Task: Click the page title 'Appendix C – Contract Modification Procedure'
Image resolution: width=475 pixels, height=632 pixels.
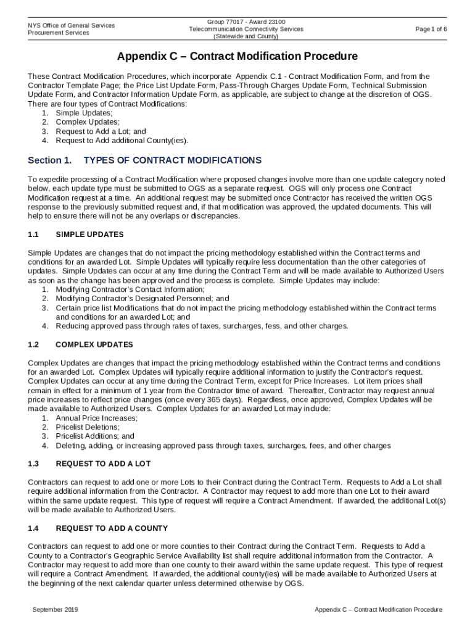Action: point(238,57)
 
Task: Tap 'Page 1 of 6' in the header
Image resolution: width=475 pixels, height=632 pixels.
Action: point(431,29)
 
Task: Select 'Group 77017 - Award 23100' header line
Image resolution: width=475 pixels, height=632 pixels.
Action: point(246,22)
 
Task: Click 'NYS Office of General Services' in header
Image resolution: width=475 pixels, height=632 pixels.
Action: point(71,25)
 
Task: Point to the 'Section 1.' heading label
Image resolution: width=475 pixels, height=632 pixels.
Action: point(49,160)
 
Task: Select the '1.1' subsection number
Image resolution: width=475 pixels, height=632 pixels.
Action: point(33,235)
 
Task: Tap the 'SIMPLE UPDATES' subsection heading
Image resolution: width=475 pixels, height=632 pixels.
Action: point(89,235)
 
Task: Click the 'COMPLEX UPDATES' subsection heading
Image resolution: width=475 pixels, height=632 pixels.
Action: point(94,345)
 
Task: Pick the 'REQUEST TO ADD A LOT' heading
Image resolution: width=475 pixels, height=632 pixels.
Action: point(103,464)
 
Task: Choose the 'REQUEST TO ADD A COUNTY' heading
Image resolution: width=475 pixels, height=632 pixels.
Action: point(111,529)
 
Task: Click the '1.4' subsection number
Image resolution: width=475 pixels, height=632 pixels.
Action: point(33,529)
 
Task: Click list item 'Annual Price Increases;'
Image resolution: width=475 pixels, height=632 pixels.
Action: point(96,418)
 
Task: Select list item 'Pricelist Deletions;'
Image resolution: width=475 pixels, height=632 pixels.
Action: point(88,427)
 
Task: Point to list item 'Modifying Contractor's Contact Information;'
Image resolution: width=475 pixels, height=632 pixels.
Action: point(130,289)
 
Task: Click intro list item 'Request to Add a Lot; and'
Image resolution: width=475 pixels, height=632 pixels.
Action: point(101,131)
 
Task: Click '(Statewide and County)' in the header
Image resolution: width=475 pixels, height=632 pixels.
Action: point(246,36)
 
